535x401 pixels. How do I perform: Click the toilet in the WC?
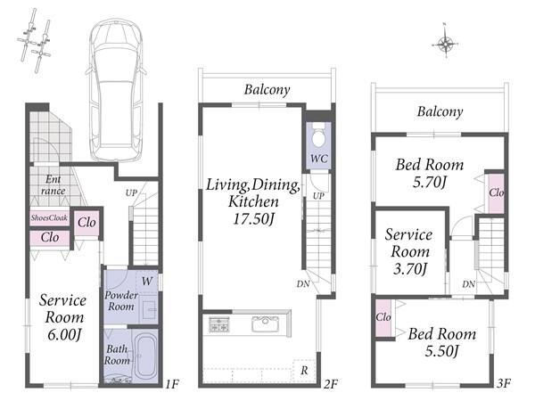coord(319,135)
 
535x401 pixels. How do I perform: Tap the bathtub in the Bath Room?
coord(147,356)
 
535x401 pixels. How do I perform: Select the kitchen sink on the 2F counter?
coord(265,324)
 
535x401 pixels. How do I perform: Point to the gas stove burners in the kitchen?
coord(219,324)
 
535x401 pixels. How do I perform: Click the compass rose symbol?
coord(445,44)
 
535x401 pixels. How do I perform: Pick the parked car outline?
coord(116,90)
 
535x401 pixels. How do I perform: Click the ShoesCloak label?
coord(49,217)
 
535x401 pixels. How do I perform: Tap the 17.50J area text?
coord(253,218)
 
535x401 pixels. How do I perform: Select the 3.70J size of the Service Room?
coord(410,269)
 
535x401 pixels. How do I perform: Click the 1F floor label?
coord(172,384)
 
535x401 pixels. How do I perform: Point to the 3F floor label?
coord(503,383)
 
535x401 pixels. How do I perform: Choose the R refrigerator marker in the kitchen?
coord(304,370)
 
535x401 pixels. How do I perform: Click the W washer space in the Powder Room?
coord(147,282)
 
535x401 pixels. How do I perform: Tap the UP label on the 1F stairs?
coord(131,193)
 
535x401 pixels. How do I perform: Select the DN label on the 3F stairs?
coord(468,283)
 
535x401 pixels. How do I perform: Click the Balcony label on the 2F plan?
coord(267,89)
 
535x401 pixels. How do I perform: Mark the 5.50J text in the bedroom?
coord(441,350)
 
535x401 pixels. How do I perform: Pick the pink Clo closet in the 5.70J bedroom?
coord(496,193)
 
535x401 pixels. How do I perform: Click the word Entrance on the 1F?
coord(53,184)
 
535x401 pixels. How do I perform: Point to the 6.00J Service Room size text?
coord(64,334)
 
